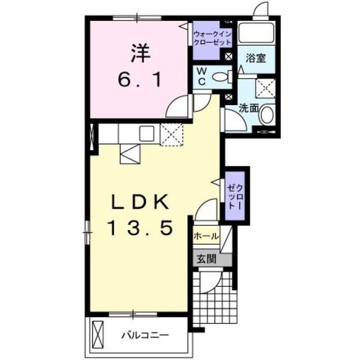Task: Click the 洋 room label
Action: (141, 53)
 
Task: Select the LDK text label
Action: (140, 201)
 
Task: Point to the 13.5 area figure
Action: (140, 228)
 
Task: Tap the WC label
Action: (201, 76)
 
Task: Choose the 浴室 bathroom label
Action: (256, 58)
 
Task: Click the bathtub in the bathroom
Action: (256, 32)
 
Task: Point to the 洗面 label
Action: (249, 107)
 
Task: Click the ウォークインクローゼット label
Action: (213, 38)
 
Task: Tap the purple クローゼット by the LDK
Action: (235, 196)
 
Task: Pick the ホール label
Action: (206, 236)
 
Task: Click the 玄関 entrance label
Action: (206, 259)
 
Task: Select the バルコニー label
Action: (145, 335)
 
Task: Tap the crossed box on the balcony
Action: (98, 335)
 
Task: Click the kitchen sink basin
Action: (147, 134)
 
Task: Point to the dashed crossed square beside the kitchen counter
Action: (172, 135)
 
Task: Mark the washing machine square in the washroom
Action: (265, 88)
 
